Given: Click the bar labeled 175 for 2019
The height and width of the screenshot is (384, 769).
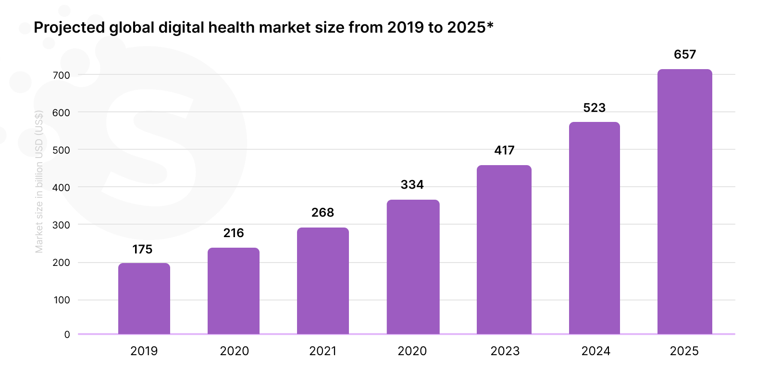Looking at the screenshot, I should pyautogui.click(x=144, y=299).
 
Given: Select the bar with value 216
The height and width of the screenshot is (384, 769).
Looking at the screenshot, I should pyautogui.click(x=234, y=291).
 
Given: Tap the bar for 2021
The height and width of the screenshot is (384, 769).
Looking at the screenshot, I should pyautogui.click(x=323, y=281).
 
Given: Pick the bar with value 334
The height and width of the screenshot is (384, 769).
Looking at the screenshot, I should pyautogui.click(x=413, y=267).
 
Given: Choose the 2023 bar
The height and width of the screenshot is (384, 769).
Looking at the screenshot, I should pyautogui.click(x=504, y=250).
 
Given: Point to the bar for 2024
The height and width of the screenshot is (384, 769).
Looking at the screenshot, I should pyautogui.click(x=595, y=228).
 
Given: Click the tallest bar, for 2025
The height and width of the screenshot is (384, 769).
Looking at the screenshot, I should pyautogui.click(x=685, y=202).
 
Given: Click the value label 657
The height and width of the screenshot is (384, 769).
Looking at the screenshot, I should pyautogui.click(x=685, y=54).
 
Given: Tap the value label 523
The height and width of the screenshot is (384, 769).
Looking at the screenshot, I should pyautogui.click(x=595, y=108).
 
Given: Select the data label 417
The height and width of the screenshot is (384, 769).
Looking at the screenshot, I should pyautogui.click(x=504, y=150).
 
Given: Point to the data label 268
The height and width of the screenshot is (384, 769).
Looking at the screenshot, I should pyautogui.click(x=322, y=212).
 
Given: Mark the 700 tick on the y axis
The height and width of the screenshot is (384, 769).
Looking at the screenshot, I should pyautogui.click(x=62, y=75).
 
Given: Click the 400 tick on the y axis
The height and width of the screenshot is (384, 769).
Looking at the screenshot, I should pyautogui.click(x=62, y=187).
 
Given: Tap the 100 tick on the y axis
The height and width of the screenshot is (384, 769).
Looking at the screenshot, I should pyautogui.click(x=62, y=300).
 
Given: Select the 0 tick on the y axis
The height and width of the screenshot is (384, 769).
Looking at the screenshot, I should pyautogui.click(x=67, y=335).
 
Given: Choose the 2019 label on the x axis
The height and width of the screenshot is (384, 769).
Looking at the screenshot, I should pyautogui.click(x=144, y=351).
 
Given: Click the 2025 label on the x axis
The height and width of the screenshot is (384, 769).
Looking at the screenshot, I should pyautogui.click(x=684, y=351).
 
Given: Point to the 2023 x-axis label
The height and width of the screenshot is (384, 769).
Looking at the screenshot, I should pyautogui.click(x=505, y=351).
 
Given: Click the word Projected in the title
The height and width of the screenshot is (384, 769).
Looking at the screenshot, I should pyautogui.click(x=69, y=27).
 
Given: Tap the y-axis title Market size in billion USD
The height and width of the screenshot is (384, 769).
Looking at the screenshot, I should pyautogui.click(x=39, y=181).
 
